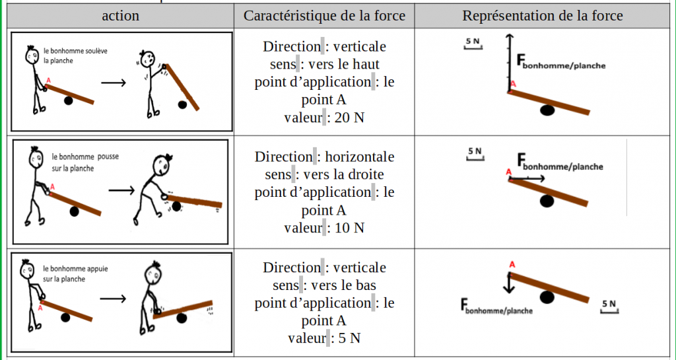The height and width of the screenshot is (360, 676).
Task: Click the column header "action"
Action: tap(120, 16)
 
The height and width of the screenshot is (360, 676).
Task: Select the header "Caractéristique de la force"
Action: tap(324, 16)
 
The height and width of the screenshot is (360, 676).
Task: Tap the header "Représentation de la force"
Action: tap(543, 16)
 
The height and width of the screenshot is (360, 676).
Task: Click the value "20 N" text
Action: tap(348, 118)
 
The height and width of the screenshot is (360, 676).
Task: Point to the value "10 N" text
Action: tap(348, 228)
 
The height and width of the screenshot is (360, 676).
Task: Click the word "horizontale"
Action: tap(359, 157)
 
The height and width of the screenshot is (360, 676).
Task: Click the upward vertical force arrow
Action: tap(509, 63)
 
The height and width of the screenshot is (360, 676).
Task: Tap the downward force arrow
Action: tap(509, 283)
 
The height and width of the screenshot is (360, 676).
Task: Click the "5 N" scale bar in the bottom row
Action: tap(609, 306)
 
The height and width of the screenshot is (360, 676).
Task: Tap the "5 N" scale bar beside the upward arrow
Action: tap(473, 44)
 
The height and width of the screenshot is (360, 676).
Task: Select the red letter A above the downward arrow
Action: tap(512, 265)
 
